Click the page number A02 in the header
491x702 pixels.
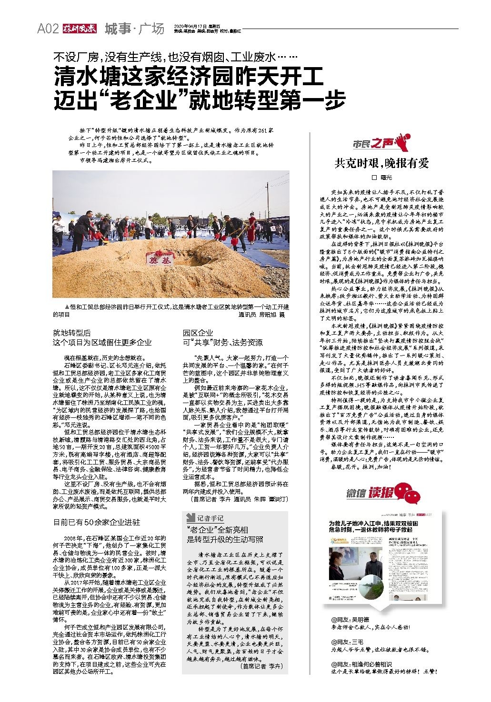click(x=48, y=29)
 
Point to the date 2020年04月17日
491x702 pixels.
click(x=191, y=26)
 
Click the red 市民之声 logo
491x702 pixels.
click(x=380, y=142)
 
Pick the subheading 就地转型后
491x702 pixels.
click(x=71, y=333)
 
